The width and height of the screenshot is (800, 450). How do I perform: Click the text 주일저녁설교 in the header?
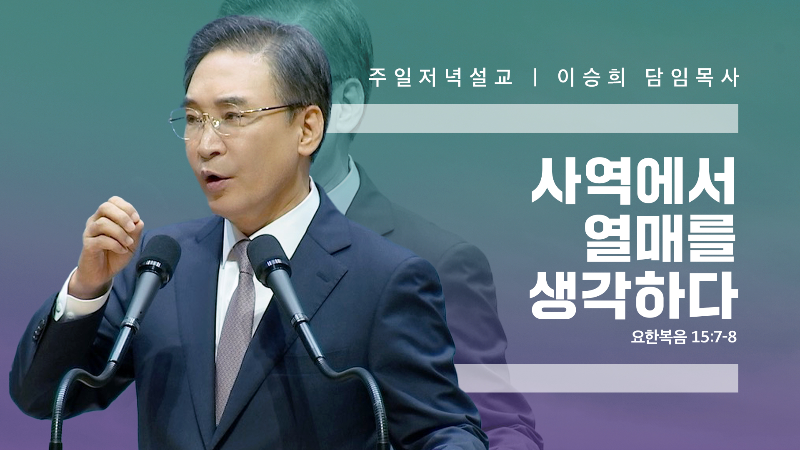[x=440, y=77]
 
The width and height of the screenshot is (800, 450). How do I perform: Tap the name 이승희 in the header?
[x=591, y=77]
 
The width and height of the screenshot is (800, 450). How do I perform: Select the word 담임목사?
[x=692, y=77]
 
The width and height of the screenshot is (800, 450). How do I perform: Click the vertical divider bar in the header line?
[x=535, y=77]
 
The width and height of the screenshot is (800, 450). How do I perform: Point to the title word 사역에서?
[x=634, y=182]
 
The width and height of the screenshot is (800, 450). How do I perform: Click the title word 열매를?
[x=660, y=238]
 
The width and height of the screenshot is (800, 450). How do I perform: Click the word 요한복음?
[x=659, y=337]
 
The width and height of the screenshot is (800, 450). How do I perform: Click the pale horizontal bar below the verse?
[x=596, y=378]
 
